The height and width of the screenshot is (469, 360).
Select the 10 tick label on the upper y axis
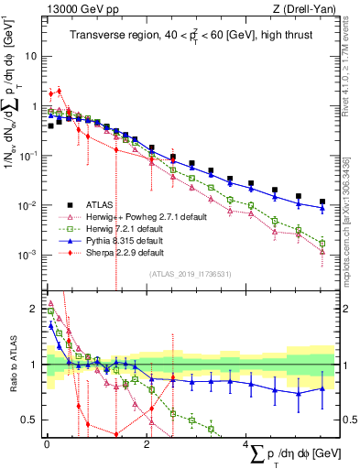coord(30,56)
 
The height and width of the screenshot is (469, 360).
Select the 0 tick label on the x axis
coord(47,444)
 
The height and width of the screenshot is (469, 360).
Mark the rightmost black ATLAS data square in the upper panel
coord(322,202)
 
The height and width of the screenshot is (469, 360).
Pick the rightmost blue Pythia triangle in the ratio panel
coord(322,388)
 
